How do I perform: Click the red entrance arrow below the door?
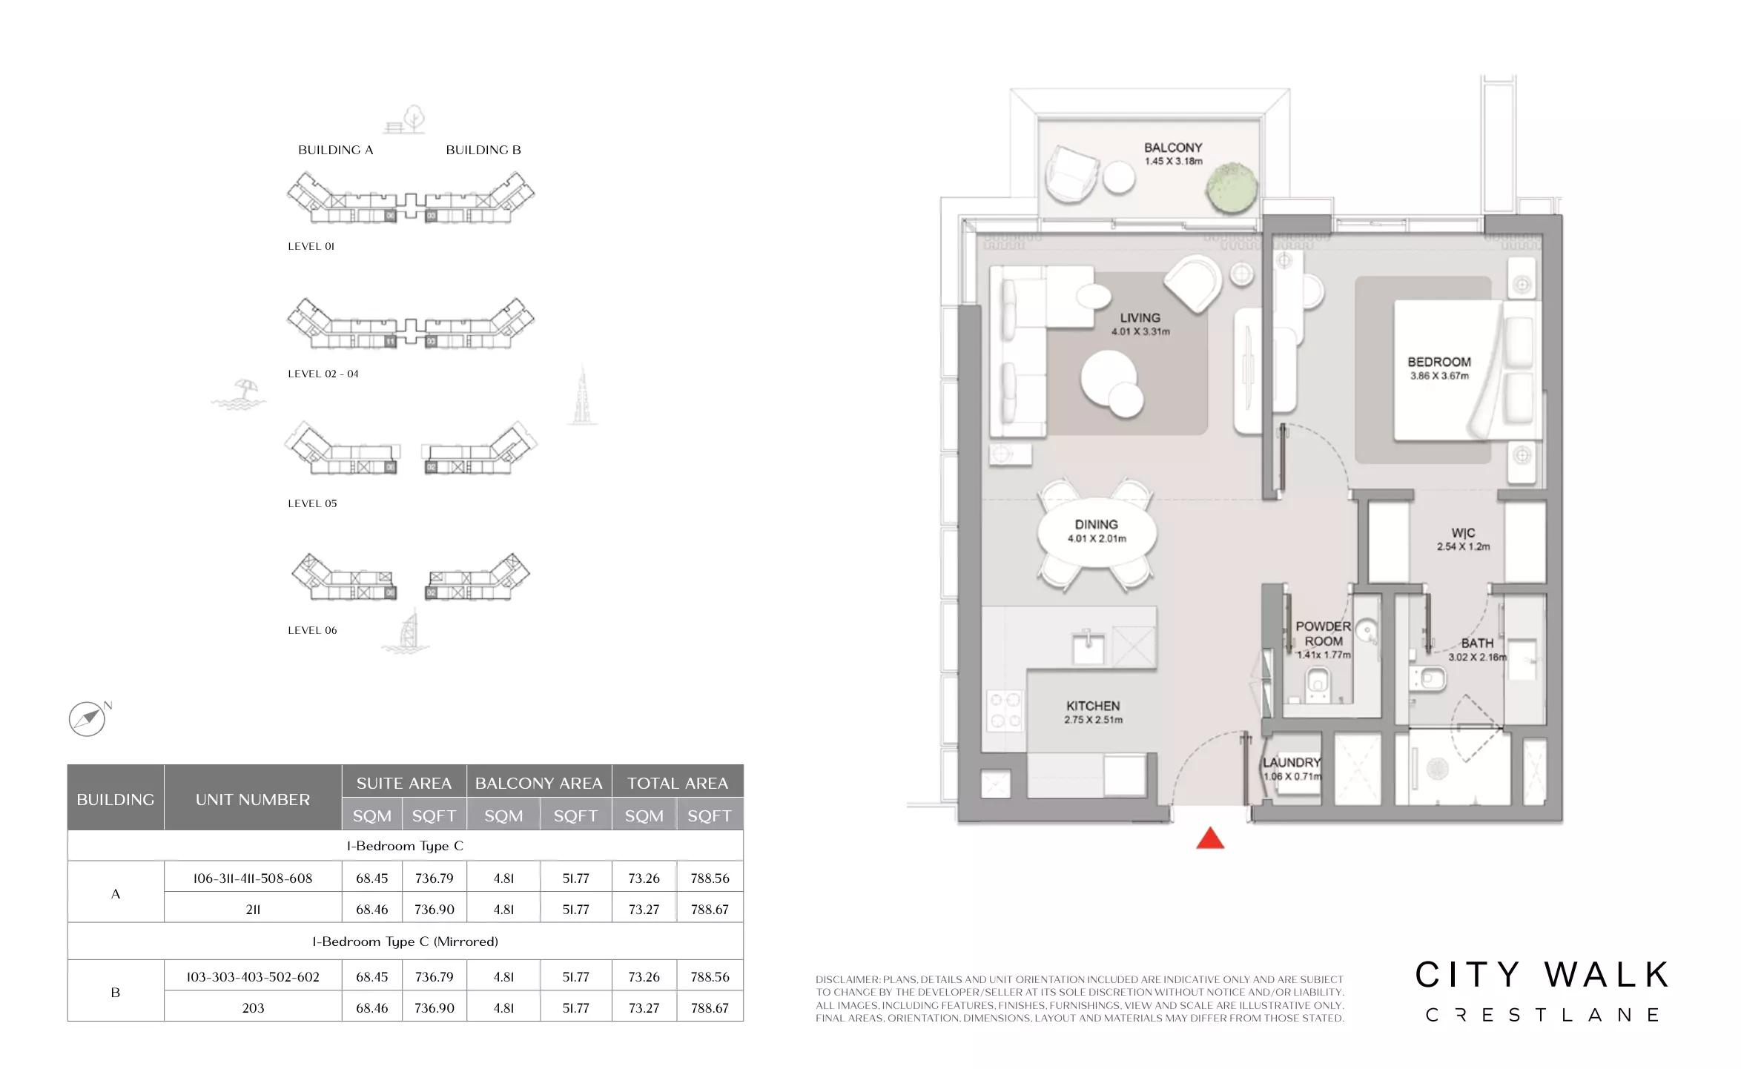pyautogui.click(x=1210, y=838)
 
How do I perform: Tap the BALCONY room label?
pyautogui.click(x=1173, y=148)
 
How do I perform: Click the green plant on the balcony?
pyautogui.click(x=1231, y=188)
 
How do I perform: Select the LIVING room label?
pyautogui.click(x=1140, y=318)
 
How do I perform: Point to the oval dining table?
pyautogui.click(x=1097, y=534)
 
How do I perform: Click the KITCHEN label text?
pyautogui.click(x=1093, y=706)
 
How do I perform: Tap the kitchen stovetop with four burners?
pyautogui.click(x=1005, y=710)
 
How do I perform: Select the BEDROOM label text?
pyautogui.click(x=1439, y=362)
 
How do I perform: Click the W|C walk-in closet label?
pyautogui.click(x=1463, y=533)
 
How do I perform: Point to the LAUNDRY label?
pyautogui.click(x=1292, y=762)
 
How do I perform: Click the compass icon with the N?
pyautogui.click(x=87, y=718)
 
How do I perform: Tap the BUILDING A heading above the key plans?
pyautogui.click(x=335, y=150)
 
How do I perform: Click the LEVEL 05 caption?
pyautogui.click(x=312, y=503)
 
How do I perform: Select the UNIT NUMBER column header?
pyautogui.click(x=253, y=799)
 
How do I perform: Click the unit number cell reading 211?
pyautogui.click(x=253, y=909)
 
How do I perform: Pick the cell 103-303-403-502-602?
pyautogui.click(x=253, y=977)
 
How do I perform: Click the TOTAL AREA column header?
pyautogui.click(x=678, y=783)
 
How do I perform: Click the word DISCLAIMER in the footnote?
pyautogui.click(x=848, y=979)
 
